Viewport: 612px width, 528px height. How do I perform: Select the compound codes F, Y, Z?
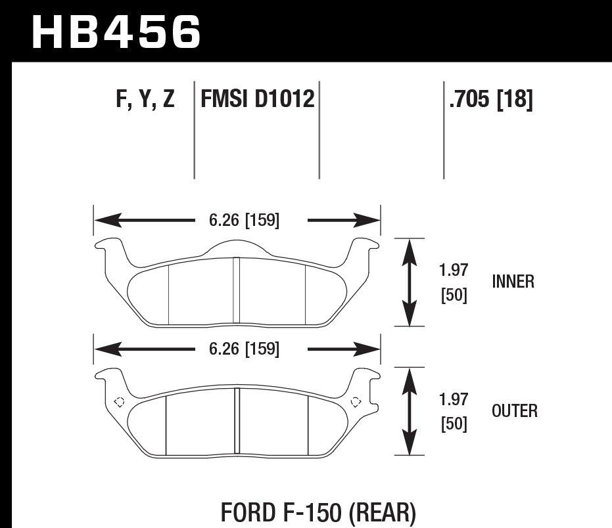pyautogui.click(x=145, y=100)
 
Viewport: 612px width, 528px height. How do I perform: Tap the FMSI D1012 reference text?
pyautogui.click(x=257, y=100)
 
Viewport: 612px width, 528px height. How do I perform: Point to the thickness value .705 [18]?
pyautogui.click(x=490, y=100)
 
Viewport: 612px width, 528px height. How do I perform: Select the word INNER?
pyautogui.click(x=513, y=282)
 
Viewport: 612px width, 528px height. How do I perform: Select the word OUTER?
pyautogui.click(x=514, y=411)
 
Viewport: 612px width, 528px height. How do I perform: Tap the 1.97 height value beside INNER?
pyautogui.click(x=454, y=270)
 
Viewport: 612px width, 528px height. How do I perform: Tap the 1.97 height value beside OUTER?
pyautogui.click(x=454, y=398)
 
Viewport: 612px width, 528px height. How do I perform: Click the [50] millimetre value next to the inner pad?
pyautogui.click(x=454, y=296)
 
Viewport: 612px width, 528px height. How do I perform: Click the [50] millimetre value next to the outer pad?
pyautogui.click(x=454, y=424)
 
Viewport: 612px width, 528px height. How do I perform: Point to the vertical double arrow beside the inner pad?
pyautogui.click(x=410, y=282)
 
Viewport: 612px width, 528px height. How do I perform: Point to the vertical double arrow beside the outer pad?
pyautogui.click(x=410, y=411)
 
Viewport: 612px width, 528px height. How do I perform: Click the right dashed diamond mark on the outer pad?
pyautogui.click(x=356, y=401)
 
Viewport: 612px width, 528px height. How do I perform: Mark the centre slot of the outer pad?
pyautogui.click(x=237, y=421)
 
